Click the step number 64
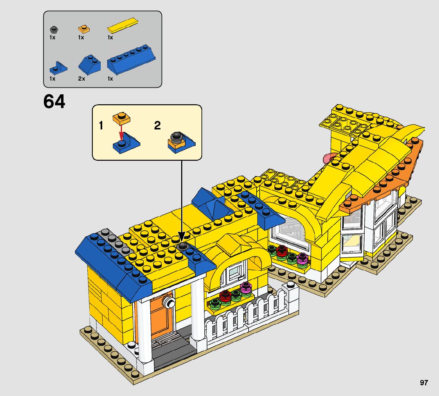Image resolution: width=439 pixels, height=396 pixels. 54,102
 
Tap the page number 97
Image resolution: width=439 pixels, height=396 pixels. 424,383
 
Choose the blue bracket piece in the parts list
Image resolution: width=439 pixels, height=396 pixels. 58,68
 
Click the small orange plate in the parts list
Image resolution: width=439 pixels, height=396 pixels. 84,28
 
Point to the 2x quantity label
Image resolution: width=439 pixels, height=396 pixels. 81,79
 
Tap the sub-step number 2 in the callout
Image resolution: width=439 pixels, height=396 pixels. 158,126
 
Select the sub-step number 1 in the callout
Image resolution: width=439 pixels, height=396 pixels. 101,126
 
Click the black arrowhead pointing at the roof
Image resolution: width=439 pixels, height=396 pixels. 182,237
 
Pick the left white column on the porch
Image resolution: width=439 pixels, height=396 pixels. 144,332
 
